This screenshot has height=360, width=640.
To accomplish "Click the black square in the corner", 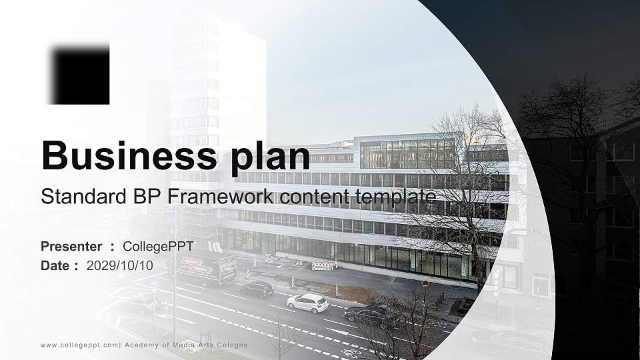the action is tap(81, 74).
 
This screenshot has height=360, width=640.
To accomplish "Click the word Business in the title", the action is tap(129, 155).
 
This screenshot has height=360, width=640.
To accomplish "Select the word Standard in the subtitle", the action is tap(84, 196).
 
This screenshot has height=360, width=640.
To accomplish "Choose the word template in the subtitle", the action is tap(395, 198).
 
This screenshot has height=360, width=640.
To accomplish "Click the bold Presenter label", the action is tap(71, 247).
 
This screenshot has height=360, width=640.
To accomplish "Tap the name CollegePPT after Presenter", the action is tap(158, 247).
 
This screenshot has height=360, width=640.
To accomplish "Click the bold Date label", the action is tap(55, 266).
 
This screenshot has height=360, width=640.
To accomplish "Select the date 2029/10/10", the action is tap(119, 266).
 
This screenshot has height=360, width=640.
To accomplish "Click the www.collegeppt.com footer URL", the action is tap(79, 345).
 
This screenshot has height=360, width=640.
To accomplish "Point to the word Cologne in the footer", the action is tap(231, 345).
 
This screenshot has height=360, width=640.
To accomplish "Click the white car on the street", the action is tap(307, 303).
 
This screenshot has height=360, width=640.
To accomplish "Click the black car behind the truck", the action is tap(257, 289).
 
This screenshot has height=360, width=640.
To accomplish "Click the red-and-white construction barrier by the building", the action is tap(323, 266).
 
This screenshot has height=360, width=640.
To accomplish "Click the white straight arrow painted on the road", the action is tap(338, 332).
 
